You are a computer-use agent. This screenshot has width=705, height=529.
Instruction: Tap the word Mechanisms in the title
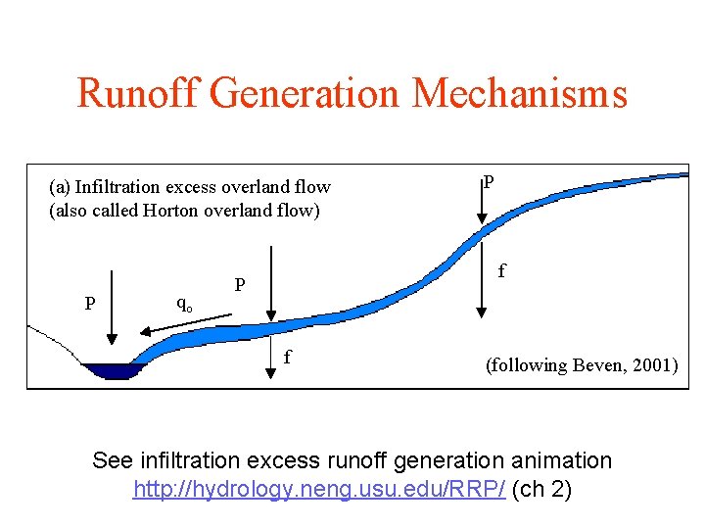pos(520,94)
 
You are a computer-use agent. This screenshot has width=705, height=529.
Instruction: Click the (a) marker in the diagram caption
pos(60,187)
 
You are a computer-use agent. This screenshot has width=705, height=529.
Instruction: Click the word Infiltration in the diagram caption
pos(118,187)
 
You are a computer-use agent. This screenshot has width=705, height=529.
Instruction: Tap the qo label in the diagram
pos(183,304)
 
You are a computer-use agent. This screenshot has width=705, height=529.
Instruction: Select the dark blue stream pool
pos(114,371)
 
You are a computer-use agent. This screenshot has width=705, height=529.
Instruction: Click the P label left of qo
pos(89,304)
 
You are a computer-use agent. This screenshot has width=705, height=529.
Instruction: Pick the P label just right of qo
pos(239,284)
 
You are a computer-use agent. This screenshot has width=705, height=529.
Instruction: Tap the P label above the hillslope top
pos(489,181)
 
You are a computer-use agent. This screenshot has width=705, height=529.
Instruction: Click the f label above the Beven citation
pos(502,269)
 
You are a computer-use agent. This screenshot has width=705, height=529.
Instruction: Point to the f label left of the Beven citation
pos(287,357)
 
